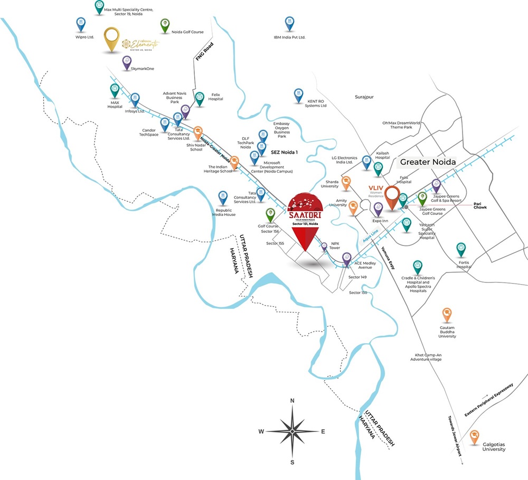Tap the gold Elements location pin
coord(112,38)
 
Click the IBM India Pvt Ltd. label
coord(289,37)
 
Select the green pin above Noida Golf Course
coord(165,24)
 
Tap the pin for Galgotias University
coord(474,436)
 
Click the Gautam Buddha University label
coord(447,332)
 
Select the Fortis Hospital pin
coord(461,248)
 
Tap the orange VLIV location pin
coord(392,196)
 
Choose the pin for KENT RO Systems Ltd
coord(299,94)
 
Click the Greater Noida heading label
coord(428,163)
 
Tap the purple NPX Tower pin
coord(324,246)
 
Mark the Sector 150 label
coord(358,293)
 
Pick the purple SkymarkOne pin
coord(127,61)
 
